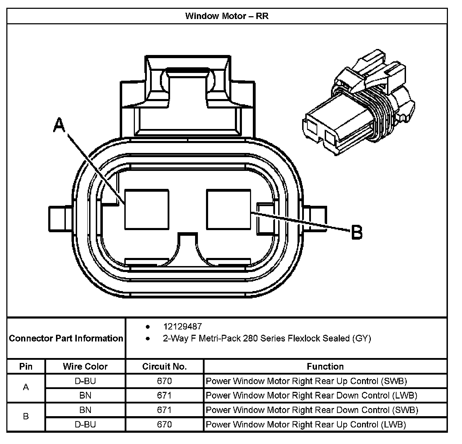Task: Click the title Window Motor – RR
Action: (227, 16)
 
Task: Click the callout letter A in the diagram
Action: (60, 125)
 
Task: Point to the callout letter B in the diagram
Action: (356, 233)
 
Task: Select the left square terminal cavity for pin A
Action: (147, 210)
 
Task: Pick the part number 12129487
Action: (182, 327)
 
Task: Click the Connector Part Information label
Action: (66, 339)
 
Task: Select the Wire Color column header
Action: (85, 366)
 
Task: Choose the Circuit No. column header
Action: (164, 366)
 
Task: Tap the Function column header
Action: (325, 366)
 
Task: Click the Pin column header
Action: (26, 366)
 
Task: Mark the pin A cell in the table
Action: (26, 388)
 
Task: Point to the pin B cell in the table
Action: (26, 417)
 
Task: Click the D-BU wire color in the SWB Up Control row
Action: (85, 381)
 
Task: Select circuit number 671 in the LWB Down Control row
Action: (164, 395)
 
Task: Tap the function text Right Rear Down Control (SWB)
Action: (312, 410)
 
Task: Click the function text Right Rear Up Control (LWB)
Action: (306, 424)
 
